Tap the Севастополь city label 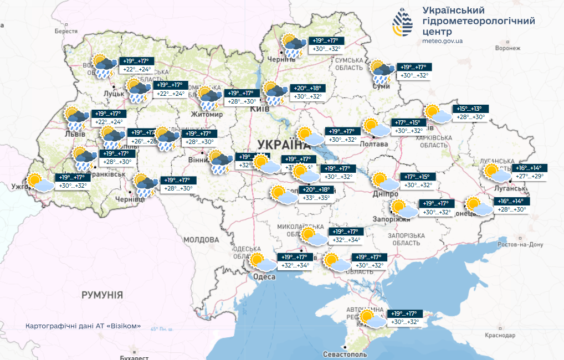[x=346, y=353]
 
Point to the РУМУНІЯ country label [x=102, y=295]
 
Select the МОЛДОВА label [x=201, y=239]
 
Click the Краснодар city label [x=500, y=335]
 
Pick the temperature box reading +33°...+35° [x=316, y=197]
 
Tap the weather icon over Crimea [x=371, y=318]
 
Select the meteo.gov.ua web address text [x=443, y=41]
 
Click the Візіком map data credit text [x=83, y=326]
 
